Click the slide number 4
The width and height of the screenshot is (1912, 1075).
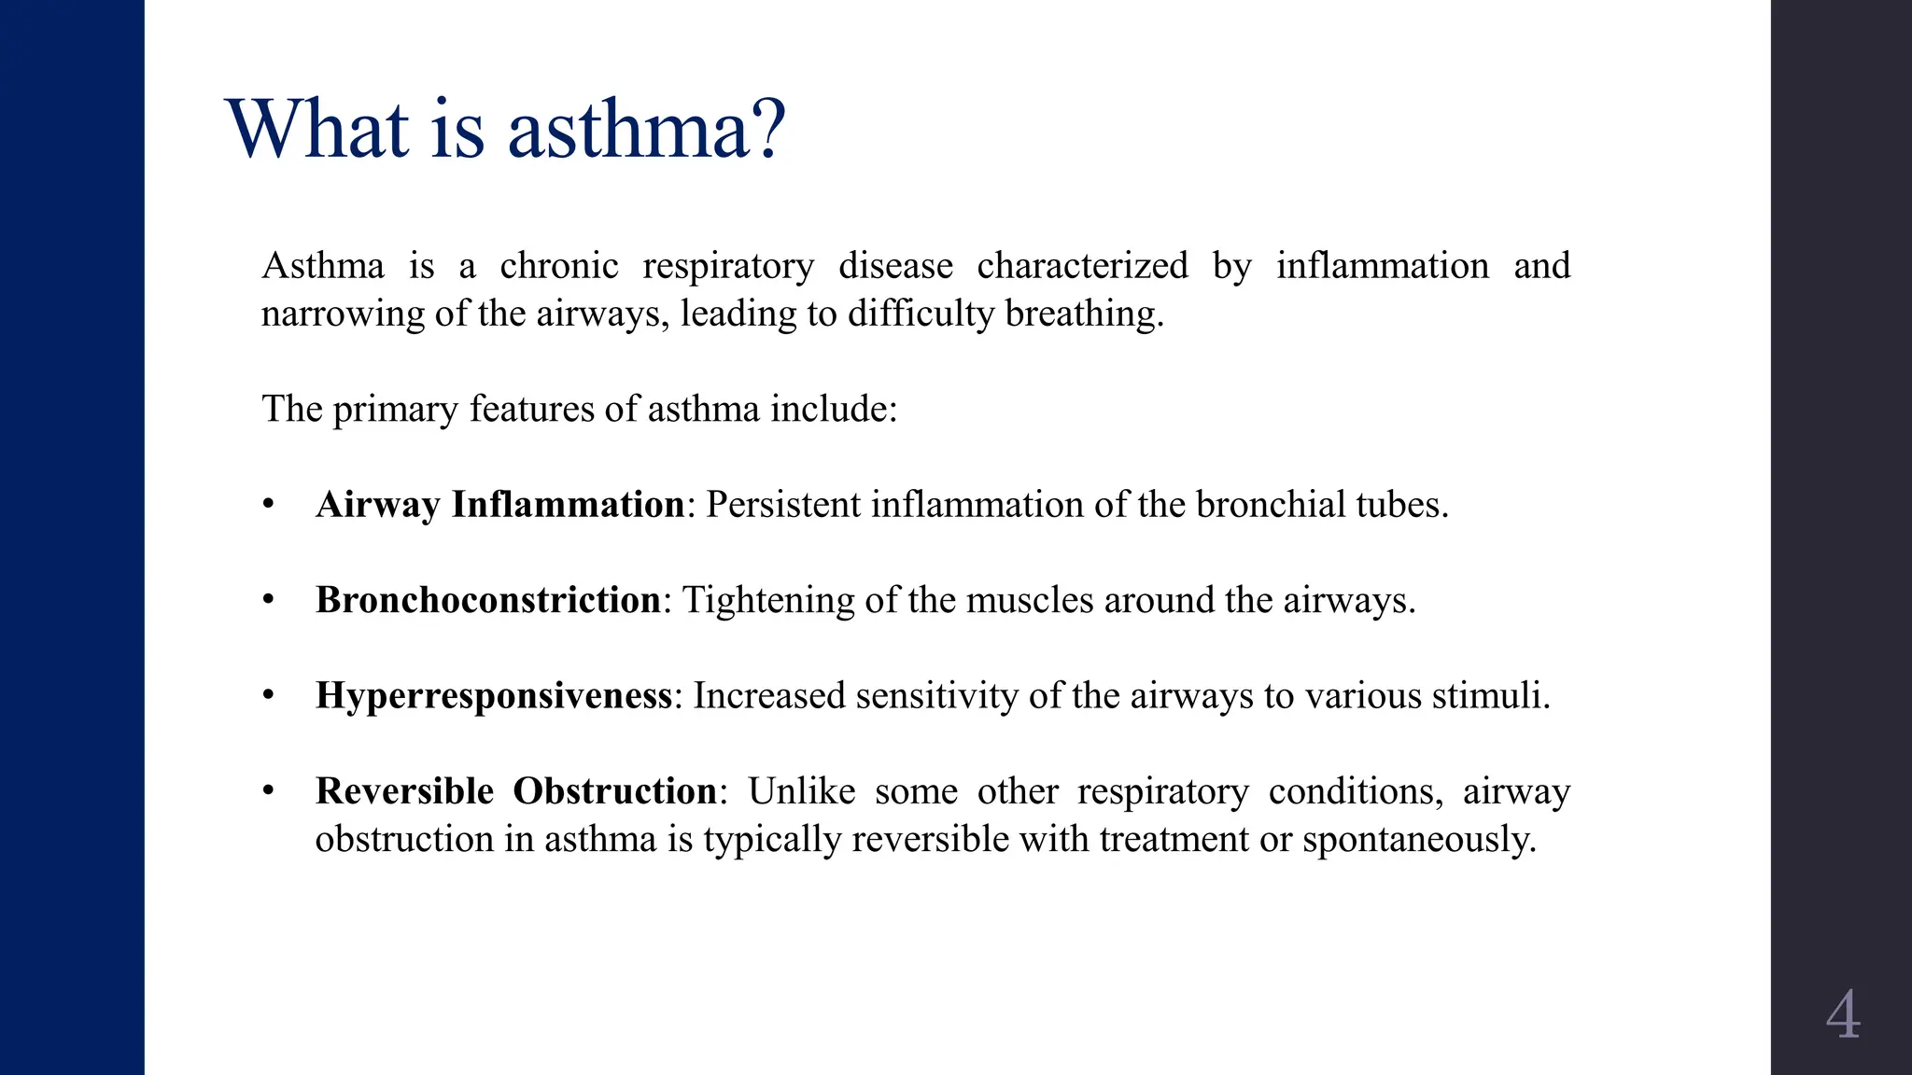point(1842,1015)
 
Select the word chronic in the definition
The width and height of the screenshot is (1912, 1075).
point(559,266)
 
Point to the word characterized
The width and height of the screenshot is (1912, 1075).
point(1082,266)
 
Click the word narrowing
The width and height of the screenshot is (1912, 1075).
point(343,314)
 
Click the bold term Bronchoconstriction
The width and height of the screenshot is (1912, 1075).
point(488,600)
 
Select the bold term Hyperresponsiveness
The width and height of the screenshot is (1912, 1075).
point(494,696)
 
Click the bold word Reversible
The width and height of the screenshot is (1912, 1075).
point(404,791)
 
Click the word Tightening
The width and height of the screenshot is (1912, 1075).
point(768,600)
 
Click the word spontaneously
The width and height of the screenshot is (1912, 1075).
point(1419,839)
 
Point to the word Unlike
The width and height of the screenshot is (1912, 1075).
point(801,791)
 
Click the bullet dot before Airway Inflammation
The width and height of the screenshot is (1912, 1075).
point(269,505)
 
